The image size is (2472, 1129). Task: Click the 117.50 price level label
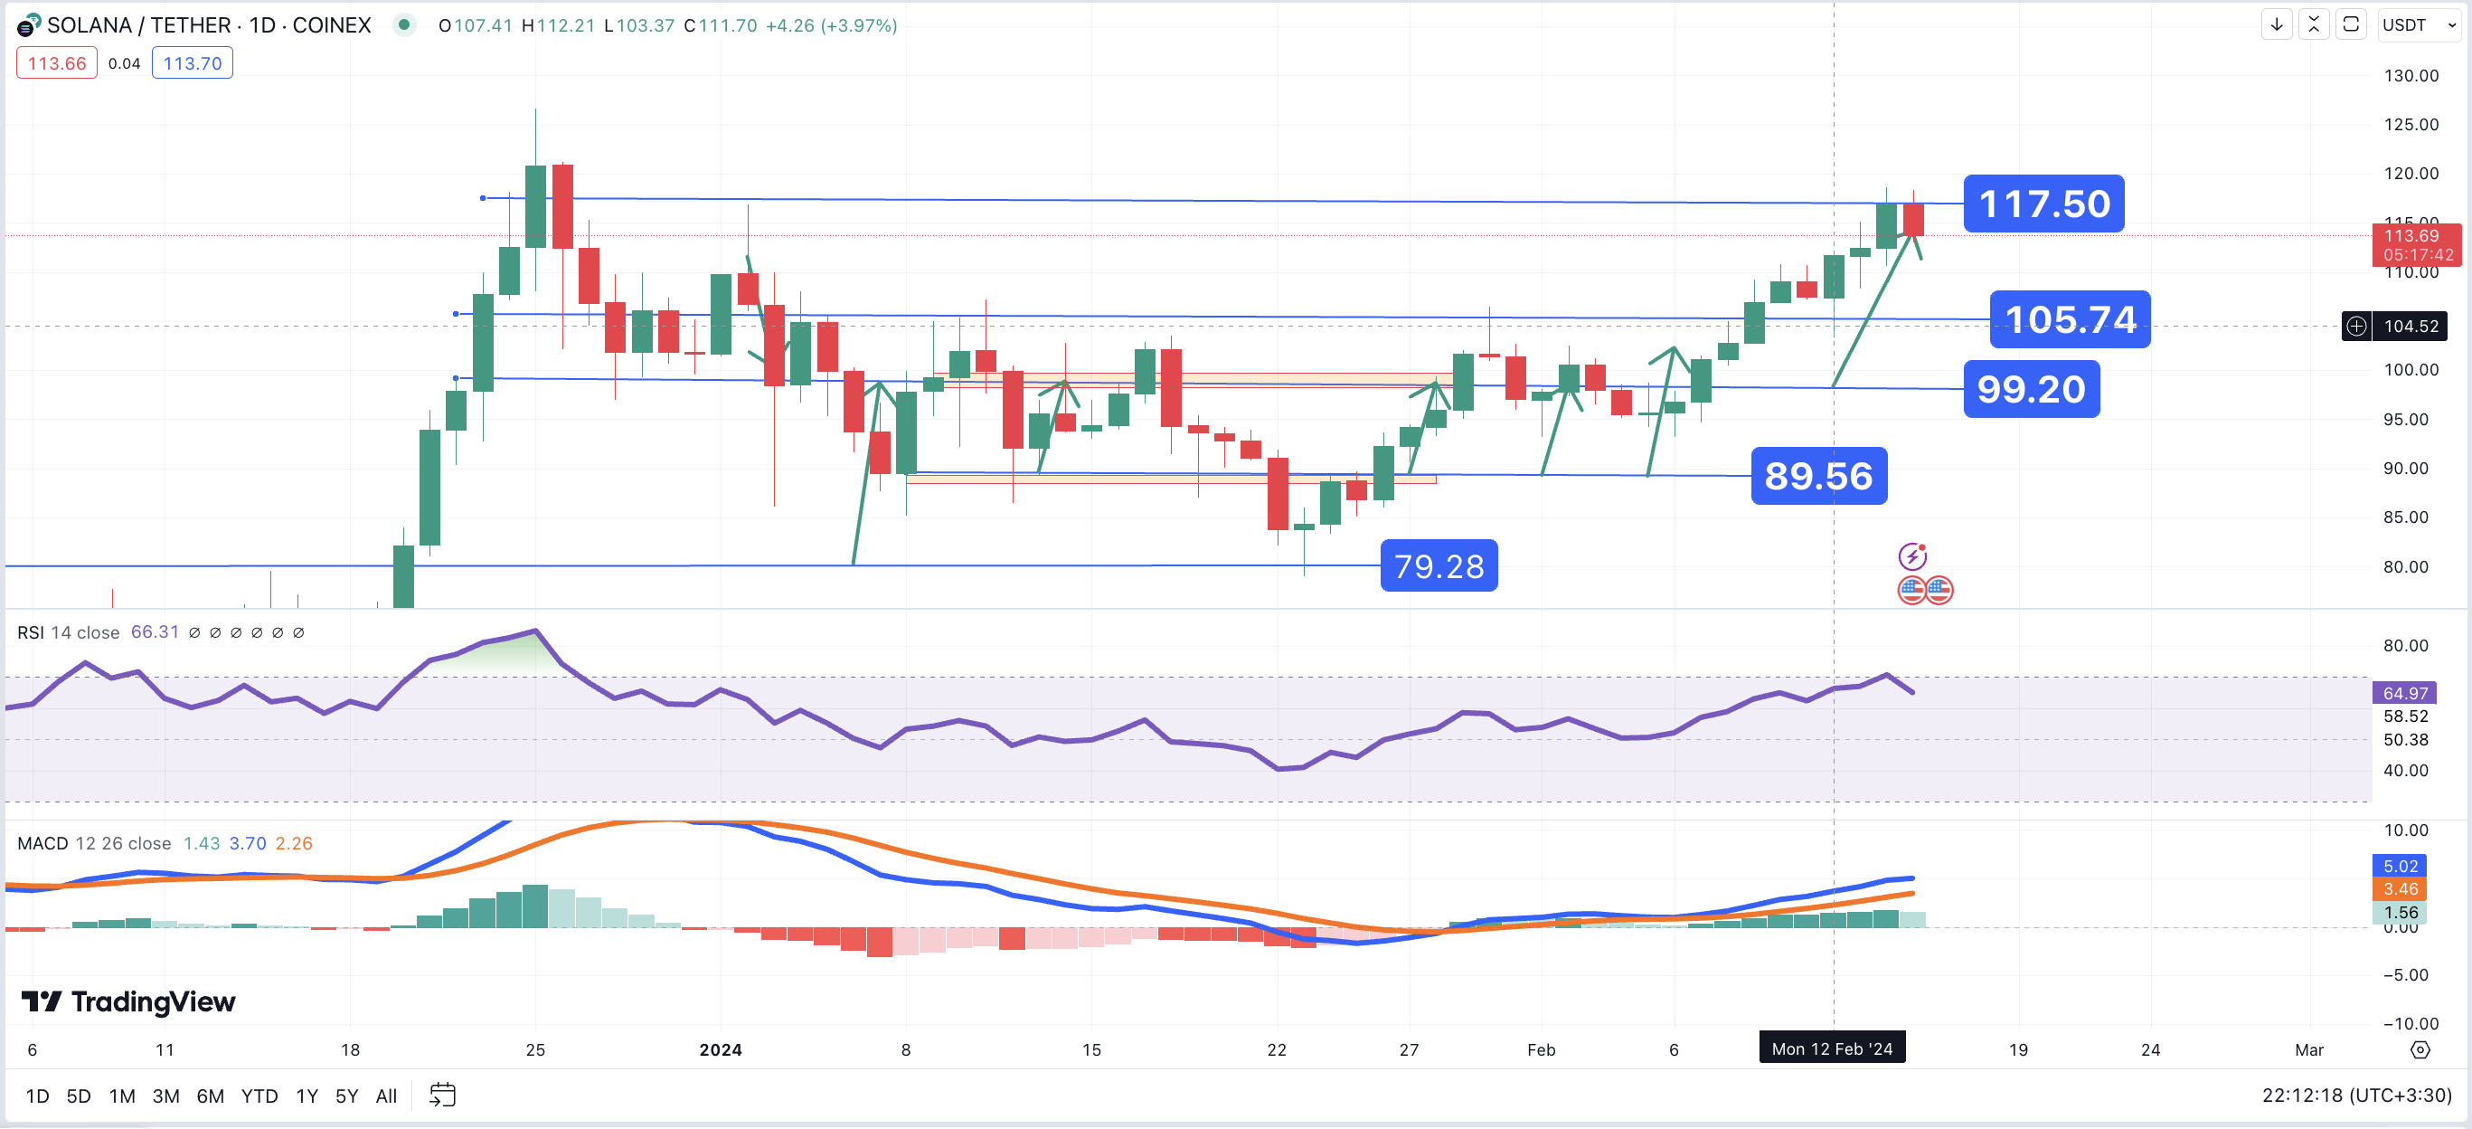(2043, 204)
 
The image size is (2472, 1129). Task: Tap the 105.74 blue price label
(2069, 318)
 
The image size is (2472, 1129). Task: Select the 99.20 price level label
(2031, 389)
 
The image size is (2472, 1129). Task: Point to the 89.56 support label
(1817, 476)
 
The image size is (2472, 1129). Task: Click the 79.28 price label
(1438, 566)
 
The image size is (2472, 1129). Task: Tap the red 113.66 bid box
(57, 63)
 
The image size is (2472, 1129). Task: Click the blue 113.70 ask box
(192, 63)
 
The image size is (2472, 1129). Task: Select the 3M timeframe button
(165, 1096)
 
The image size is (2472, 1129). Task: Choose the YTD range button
(259, 1096)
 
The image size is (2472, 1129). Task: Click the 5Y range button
(346, 1096)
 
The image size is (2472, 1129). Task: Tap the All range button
(386, 1096)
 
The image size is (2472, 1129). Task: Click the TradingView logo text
(128, 1001)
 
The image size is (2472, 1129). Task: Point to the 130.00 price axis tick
(2410, 76)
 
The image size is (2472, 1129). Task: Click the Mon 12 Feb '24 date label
(1831, 1048)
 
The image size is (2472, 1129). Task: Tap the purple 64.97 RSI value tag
(2404, 693)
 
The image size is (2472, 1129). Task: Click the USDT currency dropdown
(2418, 25)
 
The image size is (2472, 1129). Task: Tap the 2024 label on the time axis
(720, 1049)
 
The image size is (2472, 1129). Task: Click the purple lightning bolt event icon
(1911, 555)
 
